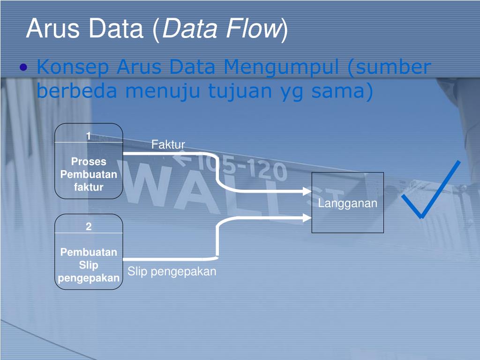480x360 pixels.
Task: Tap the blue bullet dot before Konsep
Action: [x=24, y=68]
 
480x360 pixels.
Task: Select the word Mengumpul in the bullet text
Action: [x=281, y=68]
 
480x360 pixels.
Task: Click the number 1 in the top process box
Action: [x=88, y=136]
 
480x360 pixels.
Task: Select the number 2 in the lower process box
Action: [x=89, y=226]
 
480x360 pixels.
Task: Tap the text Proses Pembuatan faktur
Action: [x=89, y=174]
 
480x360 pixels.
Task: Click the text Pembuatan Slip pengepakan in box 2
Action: [x=89, y=265]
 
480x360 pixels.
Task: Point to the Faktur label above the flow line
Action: [x=168, y=144]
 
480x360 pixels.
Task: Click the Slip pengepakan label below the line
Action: [x=172, y=271]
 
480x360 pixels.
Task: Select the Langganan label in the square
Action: [x=348, y=203]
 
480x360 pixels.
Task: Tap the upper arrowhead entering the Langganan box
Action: [x=307, y=191]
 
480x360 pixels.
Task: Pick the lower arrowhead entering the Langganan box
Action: [x=307, y=217]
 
